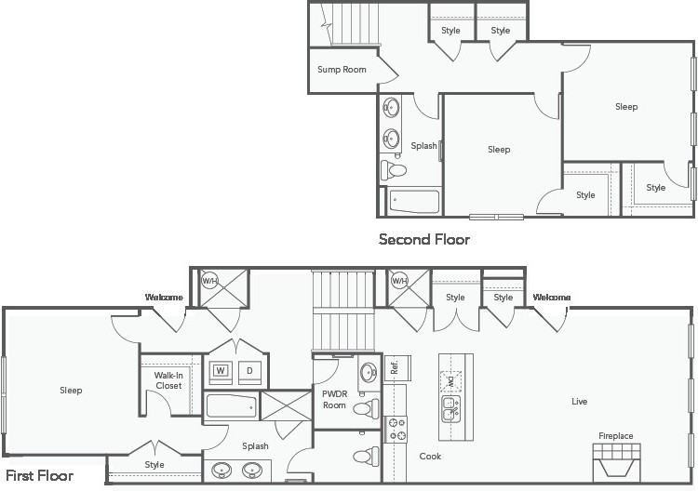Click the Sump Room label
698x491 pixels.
click(342, 70)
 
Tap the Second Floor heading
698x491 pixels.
click(424, 240)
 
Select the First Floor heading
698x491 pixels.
click(40, 476)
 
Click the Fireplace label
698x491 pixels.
click(616, 436)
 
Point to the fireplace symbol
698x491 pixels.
click(616, 462)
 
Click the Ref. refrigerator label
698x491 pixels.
click(394, 367)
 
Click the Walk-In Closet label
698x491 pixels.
click(168, 380)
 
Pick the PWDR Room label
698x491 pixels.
click(334, 399)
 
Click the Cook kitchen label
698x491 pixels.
click(430, 457)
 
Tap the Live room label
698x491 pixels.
click(579, 402)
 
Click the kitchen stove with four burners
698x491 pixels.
click(396, 430)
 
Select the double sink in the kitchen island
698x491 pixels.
click(451, 409)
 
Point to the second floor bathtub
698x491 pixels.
click(414, 202)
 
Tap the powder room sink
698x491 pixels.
click(369, 371)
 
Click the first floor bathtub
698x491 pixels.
click(232, 406)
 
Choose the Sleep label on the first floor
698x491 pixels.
click(72, 391)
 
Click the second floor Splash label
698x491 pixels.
click(423, 146)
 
